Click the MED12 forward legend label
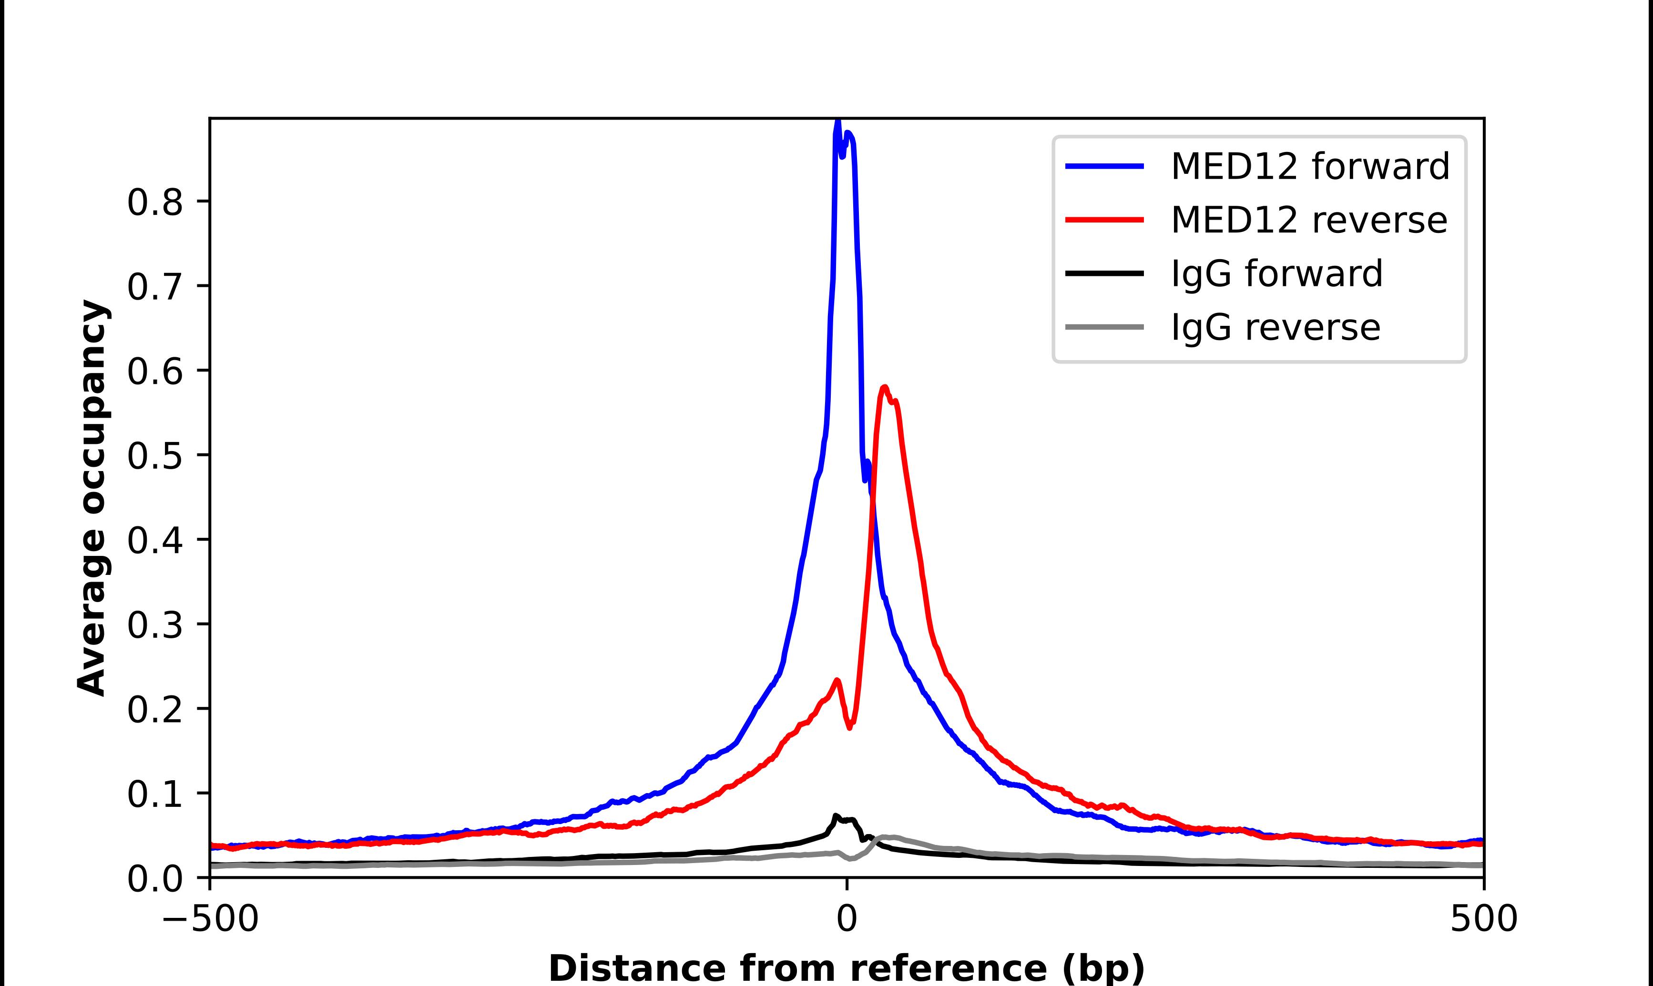(1309, 166)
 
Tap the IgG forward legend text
(1276, 274)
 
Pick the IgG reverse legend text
(1275, 328)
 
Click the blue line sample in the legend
(1105, 166)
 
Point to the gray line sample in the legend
(1105, 327)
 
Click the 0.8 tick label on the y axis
(154, 202)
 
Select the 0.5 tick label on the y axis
(154, 456)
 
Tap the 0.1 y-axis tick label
(154, 794)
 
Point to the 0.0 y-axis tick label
(154, 879)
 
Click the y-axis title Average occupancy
(92, 498)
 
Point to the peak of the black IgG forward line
(836, 816)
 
